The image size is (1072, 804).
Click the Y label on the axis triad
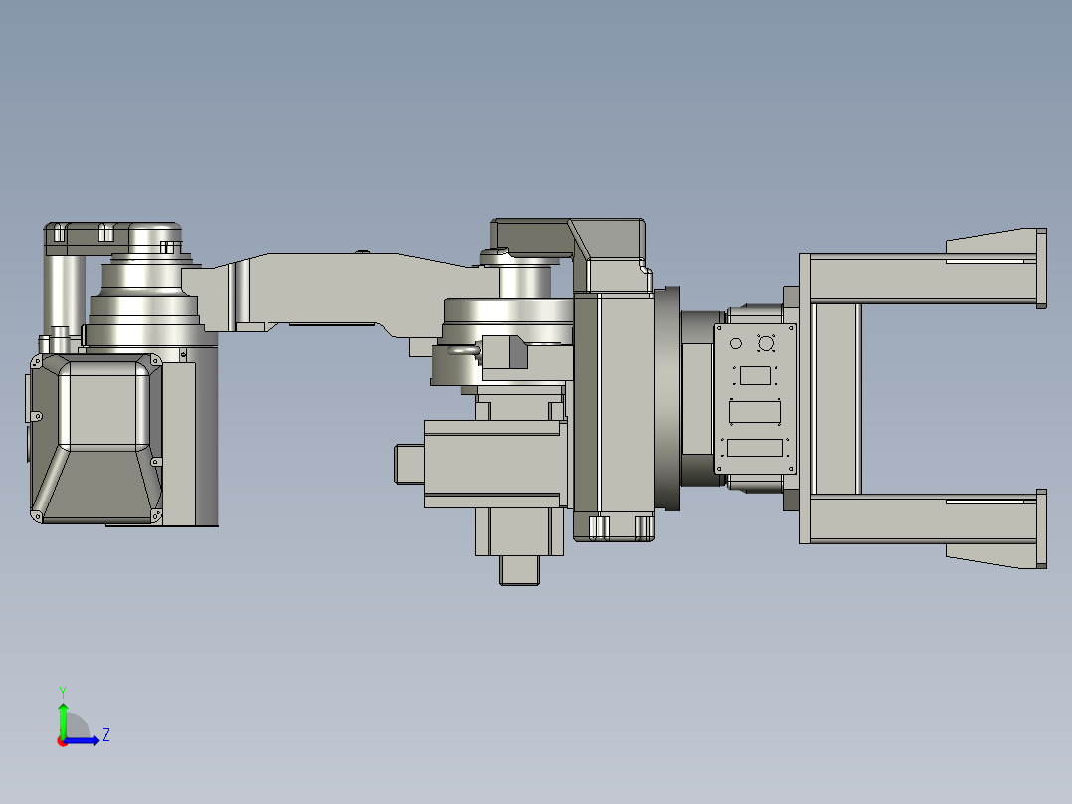(x=62, y=691)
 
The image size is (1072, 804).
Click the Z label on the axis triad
(x=105, y=735)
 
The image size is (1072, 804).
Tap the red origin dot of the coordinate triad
(x=62, y=740)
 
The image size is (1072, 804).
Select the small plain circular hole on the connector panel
(x=736, y=344)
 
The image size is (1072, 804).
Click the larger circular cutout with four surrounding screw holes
(x=766, y=344)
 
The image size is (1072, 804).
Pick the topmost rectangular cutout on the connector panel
(x=755, y=376)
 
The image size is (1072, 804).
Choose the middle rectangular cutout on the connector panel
(x=755, y=411)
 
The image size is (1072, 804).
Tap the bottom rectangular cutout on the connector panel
(x=755, y=448)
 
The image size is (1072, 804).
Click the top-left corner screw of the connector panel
(x=719, y=328)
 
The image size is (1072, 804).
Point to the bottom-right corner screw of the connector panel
(x=792, y=469)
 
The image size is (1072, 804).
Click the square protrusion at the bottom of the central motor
(x=518, y=569)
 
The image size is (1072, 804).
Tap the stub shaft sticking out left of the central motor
(x=409, y=464)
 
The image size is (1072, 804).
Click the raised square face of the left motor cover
(x=103, y=405)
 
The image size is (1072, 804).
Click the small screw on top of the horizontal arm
(x=363, y=252)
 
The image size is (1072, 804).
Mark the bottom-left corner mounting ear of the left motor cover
(x=37, y=515)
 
